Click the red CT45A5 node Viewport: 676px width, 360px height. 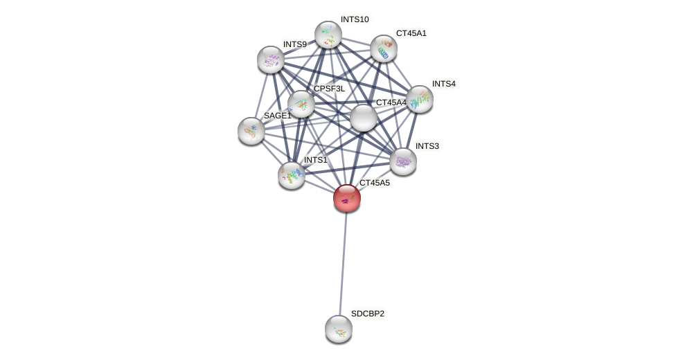click(x=346, y=198)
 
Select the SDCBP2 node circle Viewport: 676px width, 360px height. click(x=339, y=329)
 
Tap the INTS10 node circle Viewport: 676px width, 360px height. click(x=328, y=35)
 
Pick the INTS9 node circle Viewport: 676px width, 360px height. click(x=271, y=60)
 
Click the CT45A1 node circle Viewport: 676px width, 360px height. click(x=384, y=48)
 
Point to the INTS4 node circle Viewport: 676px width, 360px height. click(x=420, y=99)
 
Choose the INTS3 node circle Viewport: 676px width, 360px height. click(x=403, y=161)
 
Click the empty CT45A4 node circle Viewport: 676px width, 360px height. click(x=364, y=118)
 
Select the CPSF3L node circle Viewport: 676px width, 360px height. click(x=301, y=104)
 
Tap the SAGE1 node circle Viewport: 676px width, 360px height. click(x=251, y=131)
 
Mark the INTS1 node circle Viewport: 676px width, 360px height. click(x=292, y=175)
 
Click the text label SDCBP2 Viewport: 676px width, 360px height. click(x=367, y=314)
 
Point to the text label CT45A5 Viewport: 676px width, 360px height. click(x=374, y=183)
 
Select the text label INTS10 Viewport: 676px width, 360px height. click(x=355, y=19)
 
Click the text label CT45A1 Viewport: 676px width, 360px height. click(x=411, y=33)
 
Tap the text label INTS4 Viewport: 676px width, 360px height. click(x=443, y=84)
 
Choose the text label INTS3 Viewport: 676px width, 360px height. click(x=427, y=146)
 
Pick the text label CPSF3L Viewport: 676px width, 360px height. click(x=329, y=89)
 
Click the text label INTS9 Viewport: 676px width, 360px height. click(x=294, y=44)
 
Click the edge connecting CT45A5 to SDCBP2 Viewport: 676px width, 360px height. click(x=343, y=263)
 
